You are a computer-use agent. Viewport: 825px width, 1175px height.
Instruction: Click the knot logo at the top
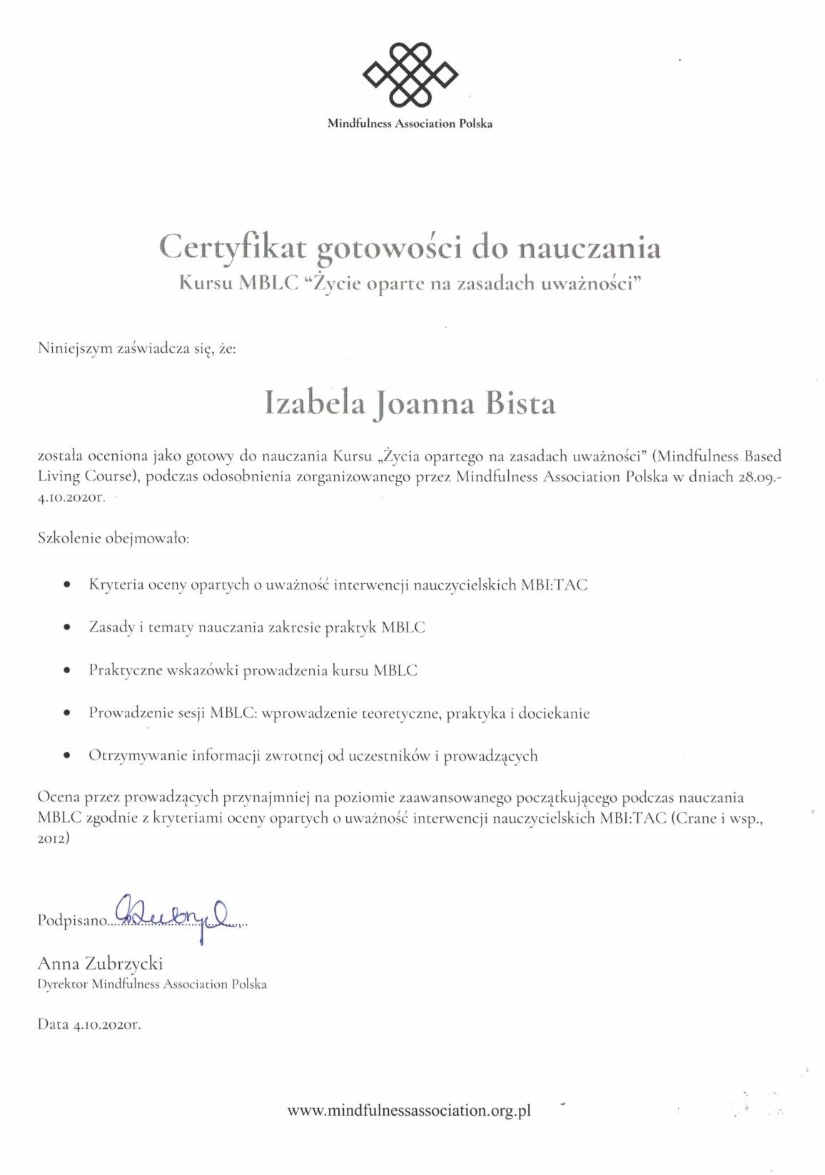point(410,73)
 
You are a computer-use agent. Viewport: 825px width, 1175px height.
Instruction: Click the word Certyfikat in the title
point(233,247)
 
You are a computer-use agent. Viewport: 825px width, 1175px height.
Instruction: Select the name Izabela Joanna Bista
point(410,404)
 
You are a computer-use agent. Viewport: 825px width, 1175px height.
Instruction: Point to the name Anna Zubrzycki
point(100,963)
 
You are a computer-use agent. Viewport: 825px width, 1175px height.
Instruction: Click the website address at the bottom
point(410,1110)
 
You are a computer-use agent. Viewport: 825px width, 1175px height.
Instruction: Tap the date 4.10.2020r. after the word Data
point(107,1025)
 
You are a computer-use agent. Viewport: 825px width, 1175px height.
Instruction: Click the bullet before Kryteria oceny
point(67,585)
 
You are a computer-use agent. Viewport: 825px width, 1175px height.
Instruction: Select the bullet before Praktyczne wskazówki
point(67,670)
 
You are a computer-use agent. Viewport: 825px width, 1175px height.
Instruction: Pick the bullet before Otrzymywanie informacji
point(67,756)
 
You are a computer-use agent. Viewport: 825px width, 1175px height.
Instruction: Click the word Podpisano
point(71,920)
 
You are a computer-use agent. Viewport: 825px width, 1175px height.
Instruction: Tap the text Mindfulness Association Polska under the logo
point(410,123)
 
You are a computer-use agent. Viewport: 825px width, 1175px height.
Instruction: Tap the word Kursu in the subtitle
point(206,283)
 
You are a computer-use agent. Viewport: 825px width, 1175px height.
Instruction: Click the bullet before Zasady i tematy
point(67,627)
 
